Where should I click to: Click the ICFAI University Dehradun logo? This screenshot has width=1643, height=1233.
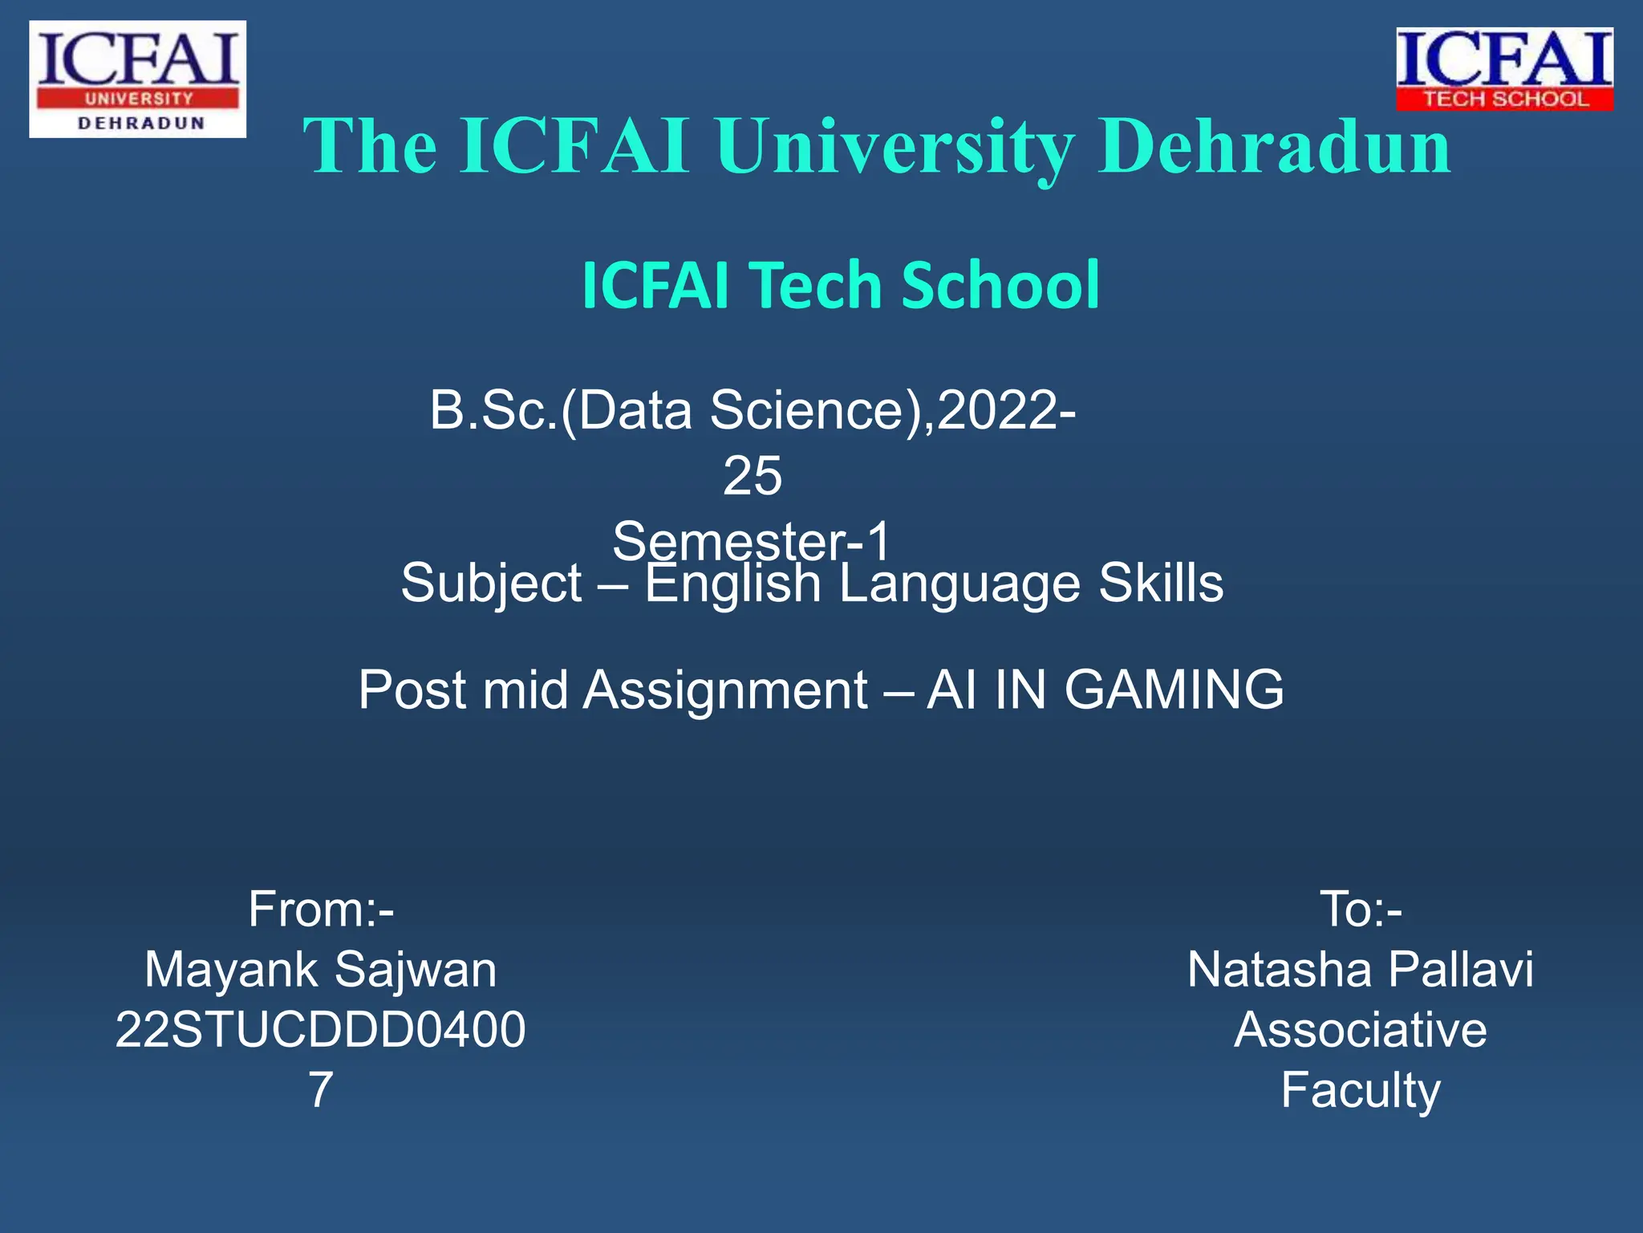point(137,79)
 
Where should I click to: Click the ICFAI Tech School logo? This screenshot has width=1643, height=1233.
point(1504,69)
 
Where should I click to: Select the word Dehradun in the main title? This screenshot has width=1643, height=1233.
point(1275,146)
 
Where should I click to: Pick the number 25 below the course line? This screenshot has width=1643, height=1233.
point(752,476)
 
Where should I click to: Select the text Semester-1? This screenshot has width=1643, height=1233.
point(752,539)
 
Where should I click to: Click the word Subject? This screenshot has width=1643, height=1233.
point(491,584)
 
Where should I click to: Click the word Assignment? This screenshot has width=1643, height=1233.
point(724,690)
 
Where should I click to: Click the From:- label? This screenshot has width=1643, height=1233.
point(321,909)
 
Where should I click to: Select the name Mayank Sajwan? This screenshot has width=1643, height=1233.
point(321,970)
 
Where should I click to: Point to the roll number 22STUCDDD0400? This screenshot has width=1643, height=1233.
point(321,1030)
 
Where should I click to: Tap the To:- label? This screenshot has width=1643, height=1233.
point(1361,909)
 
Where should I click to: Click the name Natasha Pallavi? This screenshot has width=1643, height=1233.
point(1361,970)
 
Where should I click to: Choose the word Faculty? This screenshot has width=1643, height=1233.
point(1361,1090)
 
